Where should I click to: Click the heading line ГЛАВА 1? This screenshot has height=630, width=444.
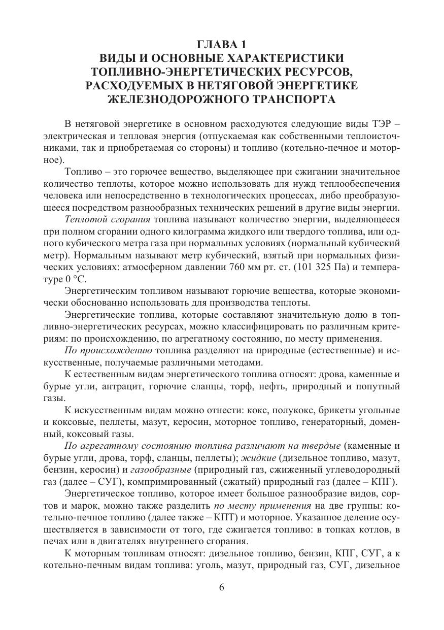(x=222, y=44)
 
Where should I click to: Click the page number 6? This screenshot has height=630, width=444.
(x=222, y=588)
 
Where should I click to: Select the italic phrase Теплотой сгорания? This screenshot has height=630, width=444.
(x=108, y=220)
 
